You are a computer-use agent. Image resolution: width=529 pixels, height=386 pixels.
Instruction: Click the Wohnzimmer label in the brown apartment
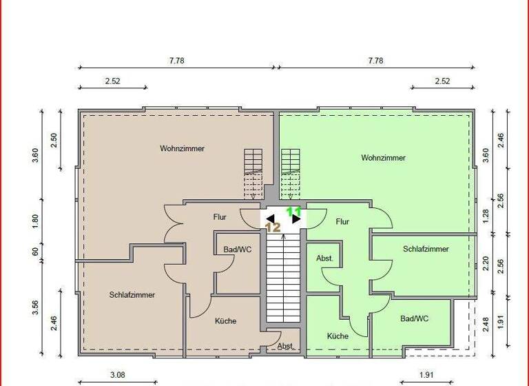pyautogui.click(x=182, y=148)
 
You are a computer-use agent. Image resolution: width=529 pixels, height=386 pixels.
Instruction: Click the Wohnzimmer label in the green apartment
pyautogui.click(x=383, y=158)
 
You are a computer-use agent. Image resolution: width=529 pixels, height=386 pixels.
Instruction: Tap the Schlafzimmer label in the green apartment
pyautogui.click(x=426, y=249)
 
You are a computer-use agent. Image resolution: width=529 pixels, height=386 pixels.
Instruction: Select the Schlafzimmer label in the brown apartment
pyautogui.click(x=132, y=294)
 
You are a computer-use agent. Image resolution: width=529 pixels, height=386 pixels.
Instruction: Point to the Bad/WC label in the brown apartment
pyautogui.click(x=237, y=250)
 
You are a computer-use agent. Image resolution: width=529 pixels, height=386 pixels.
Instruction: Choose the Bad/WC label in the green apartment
pyautogui.click(x=414, y=318)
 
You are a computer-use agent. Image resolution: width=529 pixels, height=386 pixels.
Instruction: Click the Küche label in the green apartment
pyautogui.click(x=338, y=336)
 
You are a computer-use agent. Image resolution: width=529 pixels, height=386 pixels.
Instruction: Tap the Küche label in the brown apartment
pyautogui.click(x=225, y=321)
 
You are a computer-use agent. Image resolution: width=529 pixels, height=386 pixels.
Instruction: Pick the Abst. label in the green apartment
pyautogui.click(x=324, y=258)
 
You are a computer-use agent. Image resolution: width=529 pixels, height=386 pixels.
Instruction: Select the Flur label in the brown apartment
pyautogui.click(x=220, y=216)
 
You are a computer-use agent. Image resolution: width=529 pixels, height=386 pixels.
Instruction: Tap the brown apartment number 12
pyautogui.click(x=273, y=226)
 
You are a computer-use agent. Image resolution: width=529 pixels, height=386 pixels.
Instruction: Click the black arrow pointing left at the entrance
pyautogui.click(x=270, y=219)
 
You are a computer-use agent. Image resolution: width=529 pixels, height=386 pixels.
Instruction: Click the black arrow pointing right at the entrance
pyautogui.click(x=295, y=220)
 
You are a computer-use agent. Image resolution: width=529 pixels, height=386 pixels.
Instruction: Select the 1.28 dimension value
pyautogui.click(x=486, y=216)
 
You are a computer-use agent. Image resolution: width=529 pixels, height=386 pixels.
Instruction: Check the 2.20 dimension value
pyautogui.click(x=486, y=263)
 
